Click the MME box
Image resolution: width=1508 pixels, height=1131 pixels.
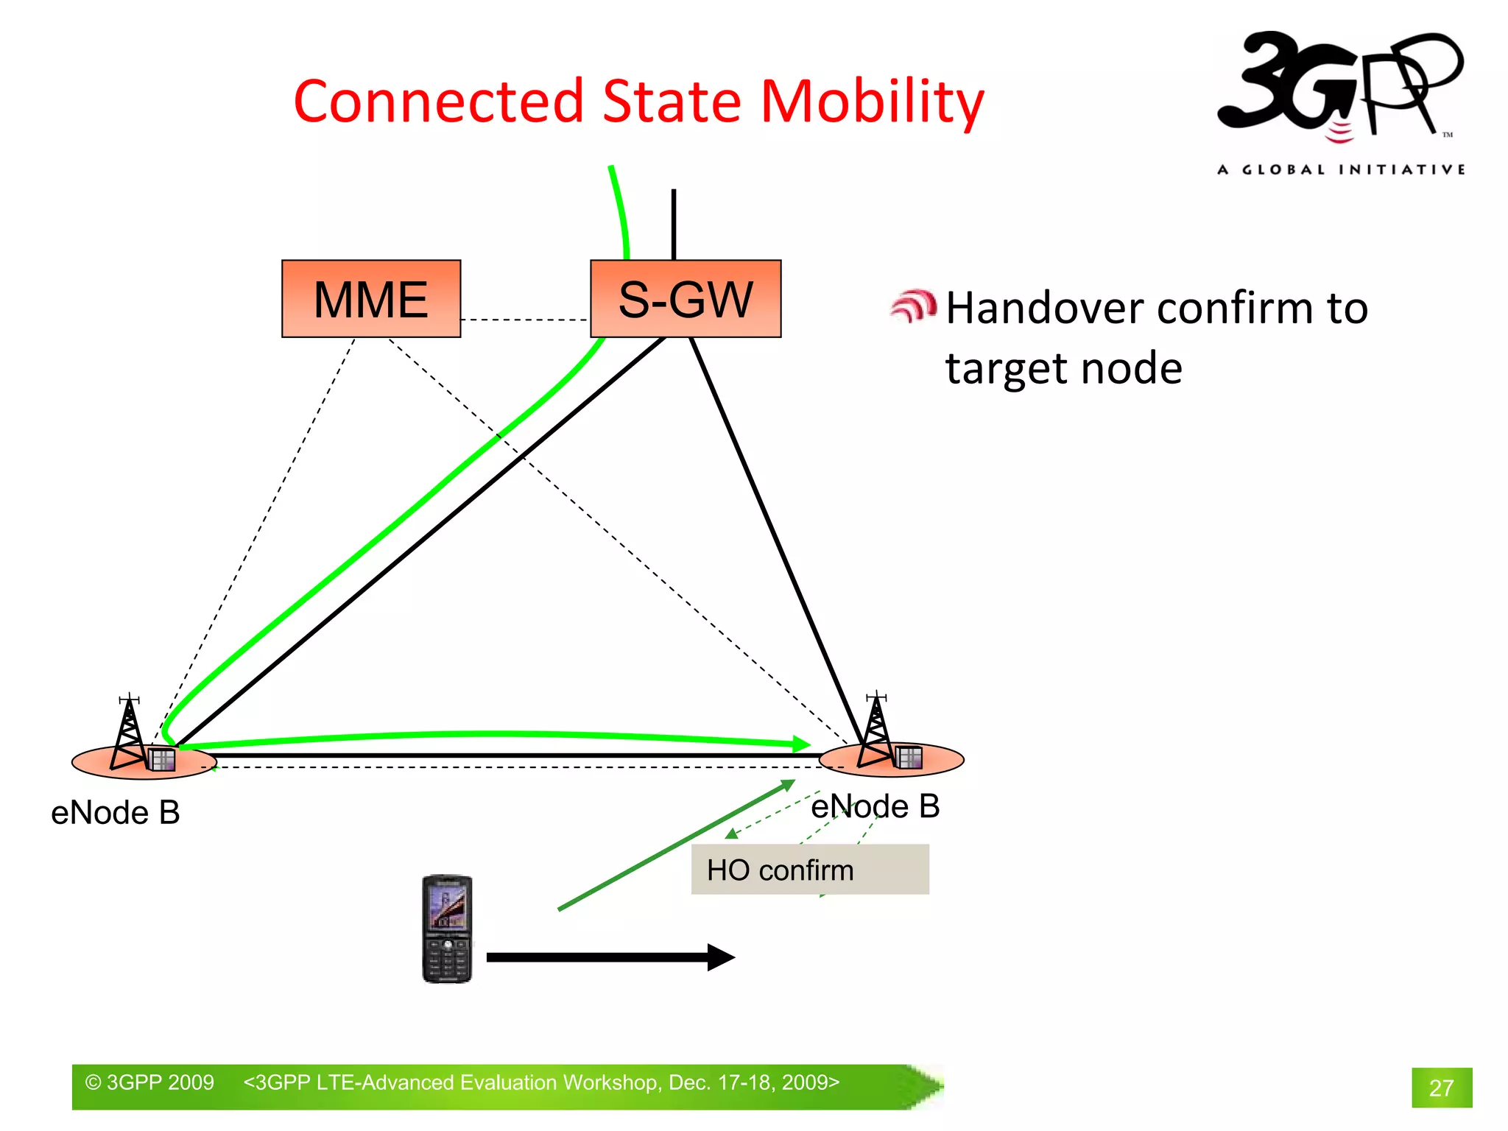371,299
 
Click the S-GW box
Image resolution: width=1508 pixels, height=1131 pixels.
686,299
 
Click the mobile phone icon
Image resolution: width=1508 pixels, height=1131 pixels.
447,929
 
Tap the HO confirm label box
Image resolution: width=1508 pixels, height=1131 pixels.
809,870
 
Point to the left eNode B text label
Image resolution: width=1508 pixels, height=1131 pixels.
116,813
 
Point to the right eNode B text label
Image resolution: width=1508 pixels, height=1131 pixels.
875,806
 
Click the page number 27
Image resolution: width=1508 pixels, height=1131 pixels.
1441,1088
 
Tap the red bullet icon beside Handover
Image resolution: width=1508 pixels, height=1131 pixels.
913,306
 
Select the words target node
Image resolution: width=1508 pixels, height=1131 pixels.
1063,368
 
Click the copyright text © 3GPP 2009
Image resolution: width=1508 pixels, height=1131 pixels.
149,1082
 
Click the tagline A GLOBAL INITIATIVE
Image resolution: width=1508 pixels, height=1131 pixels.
1340,170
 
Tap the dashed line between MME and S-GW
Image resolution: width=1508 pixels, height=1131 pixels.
525,320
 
